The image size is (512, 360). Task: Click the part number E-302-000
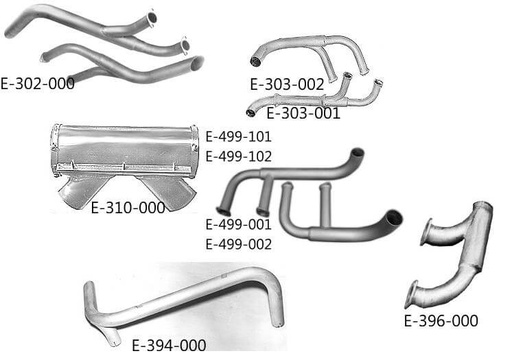(38, 83)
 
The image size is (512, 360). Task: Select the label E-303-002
(288, 85)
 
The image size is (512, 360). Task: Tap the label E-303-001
(303, 113)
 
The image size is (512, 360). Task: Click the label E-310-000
(127, 208)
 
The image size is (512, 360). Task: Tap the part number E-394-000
(169, 345)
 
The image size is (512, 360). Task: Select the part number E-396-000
(441, 321)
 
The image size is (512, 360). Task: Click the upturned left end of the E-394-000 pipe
(88, 295)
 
